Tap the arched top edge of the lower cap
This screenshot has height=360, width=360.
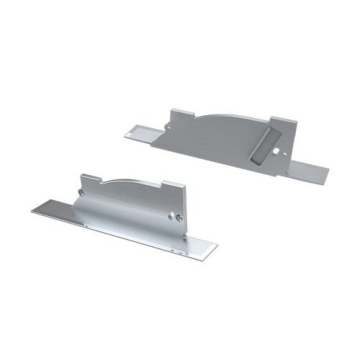[x=130, y=179]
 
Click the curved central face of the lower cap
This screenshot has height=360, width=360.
[x=130, y=209]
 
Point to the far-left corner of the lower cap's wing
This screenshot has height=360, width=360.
[x=33, y=211]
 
